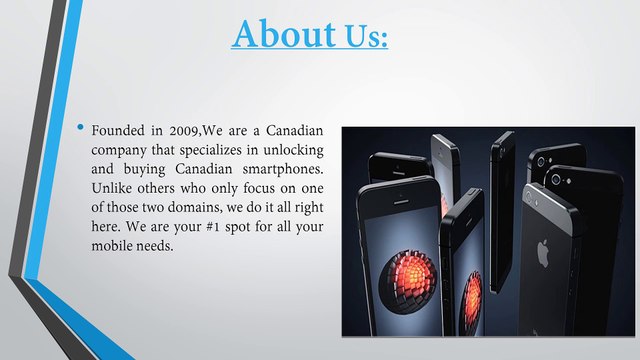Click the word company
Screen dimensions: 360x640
(123, 151)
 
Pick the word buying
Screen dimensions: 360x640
(146, 170)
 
